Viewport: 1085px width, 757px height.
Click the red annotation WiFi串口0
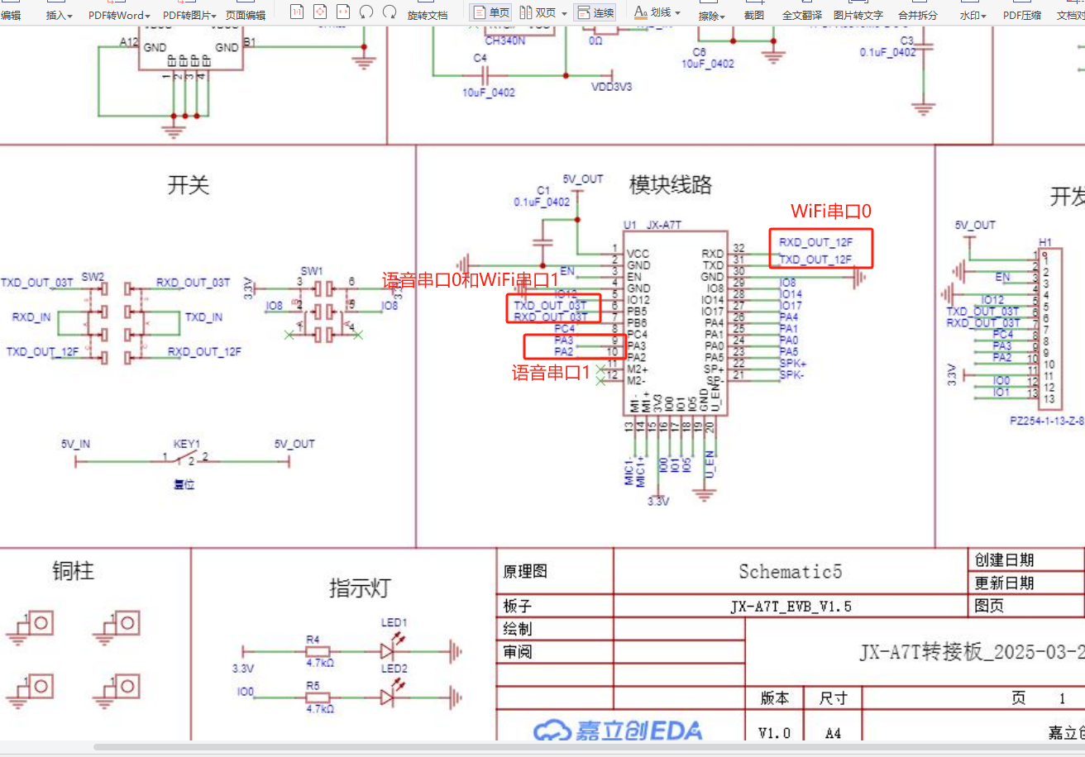point(831,212)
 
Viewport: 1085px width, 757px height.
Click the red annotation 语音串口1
point(552,373)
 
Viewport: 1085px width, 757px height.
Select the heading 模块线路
point(671,185)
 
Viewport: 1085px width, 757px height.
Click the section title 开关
point(189,185)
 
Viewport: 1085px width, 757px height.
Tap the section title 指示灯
point(359,588)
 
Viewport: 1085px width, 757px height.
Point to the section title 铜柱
point(74,571)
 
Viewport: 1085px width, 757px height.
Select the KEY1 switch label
point(187,444)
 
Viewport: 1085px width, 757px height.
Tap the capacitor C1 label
point(543,190)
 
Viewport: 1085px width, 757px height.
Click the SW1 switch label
point(312,271)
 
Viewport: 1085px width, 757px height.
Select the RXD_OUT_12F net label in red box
point(815,242)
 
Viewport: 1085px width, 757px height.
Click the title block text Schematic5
point(790,572)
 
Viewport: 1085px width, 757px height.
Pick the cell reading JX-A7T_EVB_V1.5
point(790,607)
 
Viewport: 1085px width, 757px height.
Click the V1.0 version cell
point(774,733)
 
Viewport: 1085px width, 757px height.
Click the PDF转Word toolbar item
point(119,15)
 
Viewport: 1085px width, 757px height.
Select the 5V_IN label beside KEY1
point(75,444)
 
